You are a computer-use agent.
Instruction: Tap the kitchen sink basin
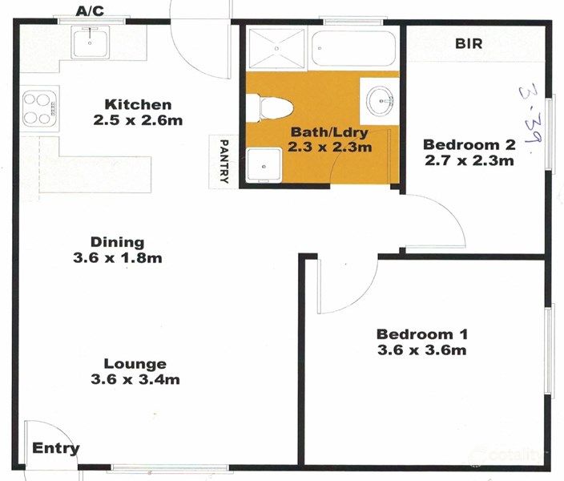click(95, 42)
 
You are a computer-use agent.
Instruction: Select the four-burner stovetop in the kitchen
click(36, 108)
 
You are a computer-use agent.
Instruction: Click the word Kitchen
click(139, 104)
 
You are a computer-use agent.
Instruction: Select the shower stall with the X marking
click(275, 50)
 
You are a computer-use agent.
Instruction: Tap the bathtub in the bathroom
click(353, 50)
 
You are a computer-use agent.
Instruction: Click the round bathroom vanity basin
click(379, 101)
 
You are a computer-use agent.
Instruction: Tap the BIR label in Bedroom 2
click(469, 43)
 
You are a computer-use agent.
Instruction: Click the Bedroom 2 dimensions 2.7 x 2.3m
click(468, 160)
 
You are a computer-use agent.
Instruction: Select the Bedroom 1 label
click(422, 333)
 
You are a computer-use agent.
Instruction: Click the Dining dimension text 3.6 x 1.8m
click(117, 258)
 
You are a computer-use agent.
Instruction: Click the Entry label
click(56, 449)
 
